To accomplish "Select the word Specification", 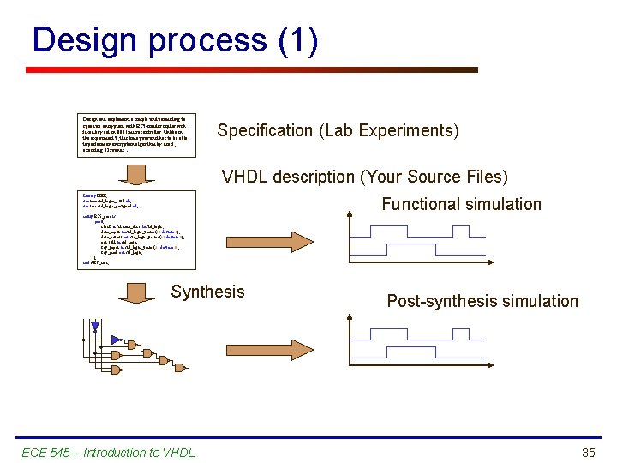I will pos(265,131).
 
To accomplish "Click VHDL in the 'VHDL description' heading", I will pos(245,177).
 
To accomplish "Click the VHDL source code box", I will pos(138,231).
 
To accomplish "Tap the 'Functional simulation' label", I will pos(461,204).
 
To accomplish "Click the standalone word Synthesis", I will pos(207,292).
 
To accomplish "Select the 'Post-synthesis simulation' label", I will pos(482,301).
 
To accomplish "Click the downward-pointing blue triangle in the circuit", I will pos(95,327).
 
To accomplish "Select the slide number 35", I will pos(588,452).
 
